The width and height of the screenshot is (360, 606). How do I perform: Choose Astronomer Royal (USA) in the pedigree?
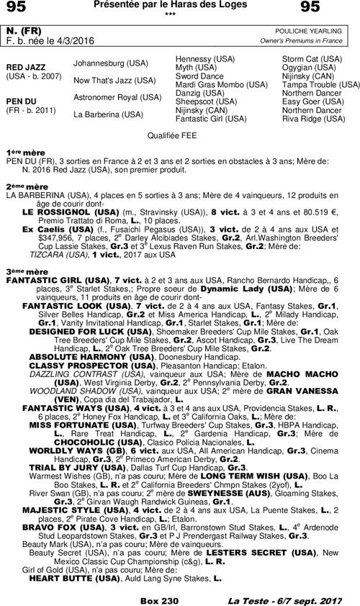pyautogui.click(x=117, y=96)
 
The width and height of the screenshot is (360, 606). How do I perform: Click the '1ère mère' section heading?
pyautogui.click(x=22, y=153)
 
